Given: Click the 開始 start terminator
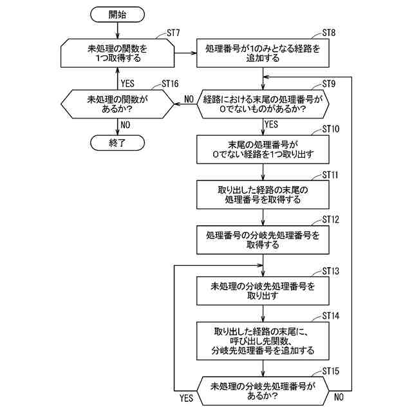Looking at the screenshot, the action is point(117,14).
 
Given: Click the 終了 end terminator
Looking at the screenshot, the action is point(117,143).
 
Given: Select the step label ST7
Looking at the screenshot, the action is point(173,33).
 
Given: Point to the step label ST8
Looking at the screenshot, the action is point(329,33).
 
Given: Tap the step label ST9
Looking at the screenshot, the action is point(329,84).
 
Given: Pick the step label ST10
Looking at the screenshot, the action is point(330,129).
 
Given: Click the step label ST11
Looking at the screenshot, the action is point(330,175).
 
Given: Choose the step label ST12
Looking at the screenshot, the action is point(330,220).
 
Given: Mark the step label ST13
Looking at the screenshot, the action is point(330,271).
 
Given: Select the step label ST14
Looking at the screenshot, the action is point(330,316).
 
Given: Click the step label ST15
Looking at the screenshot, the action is point(330,371).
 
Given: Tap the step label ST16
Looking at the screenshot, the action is point(170,84).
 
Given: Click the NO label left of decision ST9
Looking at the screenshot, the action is point(189,99).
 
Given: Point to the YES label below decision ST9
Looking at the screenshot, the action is point(271,124).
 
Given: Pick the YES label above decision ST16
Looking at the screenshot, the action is point(127,84).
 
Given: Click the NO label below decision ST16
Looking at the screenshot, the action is point(126,125).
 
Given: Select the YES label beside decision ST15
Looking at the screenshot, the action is point(186,398).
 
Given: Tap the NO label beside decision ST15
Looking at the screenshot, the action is point(339,397).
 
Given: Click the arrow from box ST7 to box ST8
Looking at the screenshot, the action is point(185,53).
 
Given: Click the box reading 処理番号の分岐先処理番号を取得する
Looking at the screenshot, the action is point(263,239).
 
